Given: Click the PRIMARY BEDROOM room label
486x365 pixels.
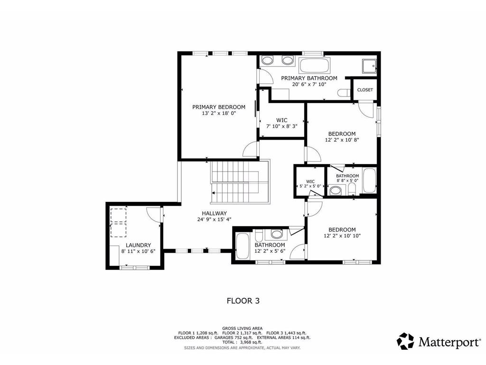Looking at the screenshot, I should [x=218, y=107].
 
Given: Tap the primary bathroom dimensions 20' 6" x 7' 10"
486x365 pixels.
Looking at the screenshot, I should [x=309, y=85].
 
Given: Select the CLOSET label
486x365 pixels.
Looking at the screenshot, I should [x=365, y=90].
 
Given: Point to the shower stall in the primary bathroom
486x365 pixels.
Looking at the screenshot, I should [x=369, y=66].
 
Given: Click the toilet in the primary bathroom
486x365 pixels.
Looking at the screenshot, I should [x=343, y=93].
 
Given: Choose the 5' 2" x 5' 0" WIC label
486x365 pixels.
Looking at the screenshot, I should [x=310, y=186].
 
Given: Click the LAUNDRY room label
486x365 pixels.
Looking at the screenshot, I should [x=138, y=245].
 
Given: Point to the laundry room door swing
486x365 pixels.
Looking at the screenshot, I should [x=153, y=213].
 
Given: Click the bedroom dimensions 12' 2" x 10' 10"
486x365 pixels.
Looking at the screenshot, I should [x=342, y=236].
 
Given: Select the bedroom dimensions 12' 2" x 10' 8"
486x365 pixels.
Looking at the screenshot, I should [x=342, y=140].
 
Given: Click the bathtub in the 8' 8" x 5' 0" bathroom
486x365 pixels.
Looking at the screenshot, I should [x=369, y=181].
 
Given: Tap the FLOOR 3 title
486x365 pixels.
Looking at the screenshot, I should [x=243, y=300].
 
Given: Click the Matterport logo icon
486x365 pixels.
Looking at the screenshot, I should [x=405, y=341].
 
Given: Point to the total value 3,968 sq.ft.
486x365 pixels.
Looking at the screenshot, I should [x=251, y=342].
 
